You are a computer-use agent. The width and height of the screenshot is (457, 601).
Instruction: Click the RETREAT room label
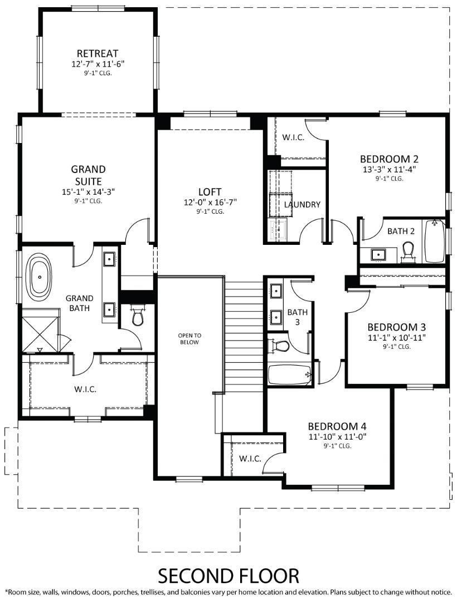pos(98,53)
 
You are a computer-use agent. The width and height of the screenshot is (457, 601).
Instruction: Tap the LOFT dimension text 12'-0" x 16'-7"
pos(210,202)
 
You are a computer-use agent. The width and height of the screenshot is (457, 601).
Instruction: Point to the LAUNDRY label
pos(302,204)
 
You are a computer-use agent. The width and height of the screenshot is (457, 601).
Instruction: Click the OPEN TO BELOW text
pos(189,338)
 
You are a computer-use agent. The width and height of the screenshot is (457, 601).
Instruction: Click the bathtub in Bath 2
pos(435,242)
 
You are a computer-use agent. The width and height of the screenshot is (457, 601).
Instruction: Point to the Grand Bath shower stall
pos(40,334)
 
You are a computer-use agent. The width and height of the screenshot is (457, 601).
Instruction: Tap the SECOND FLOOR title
pos(229,574)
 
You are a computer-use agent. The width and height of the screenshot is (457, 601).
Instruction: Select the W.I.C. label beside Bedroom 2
pos(293,137)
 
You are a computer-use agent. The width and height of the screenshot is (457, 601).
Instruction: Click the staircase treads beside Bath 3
pos(244,334)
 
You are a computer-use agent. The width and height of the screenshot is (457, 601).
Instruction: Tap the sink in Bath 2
pos(379,254)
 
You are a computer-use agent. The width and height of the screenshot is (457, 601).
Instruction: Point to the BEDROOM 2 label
pos(388,158)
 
